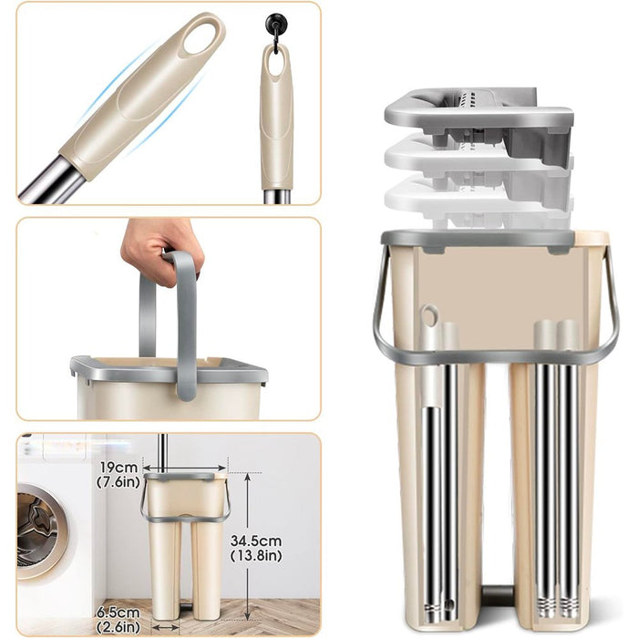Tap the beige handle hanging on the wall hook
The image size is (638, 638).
click(x=276, y=118)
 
